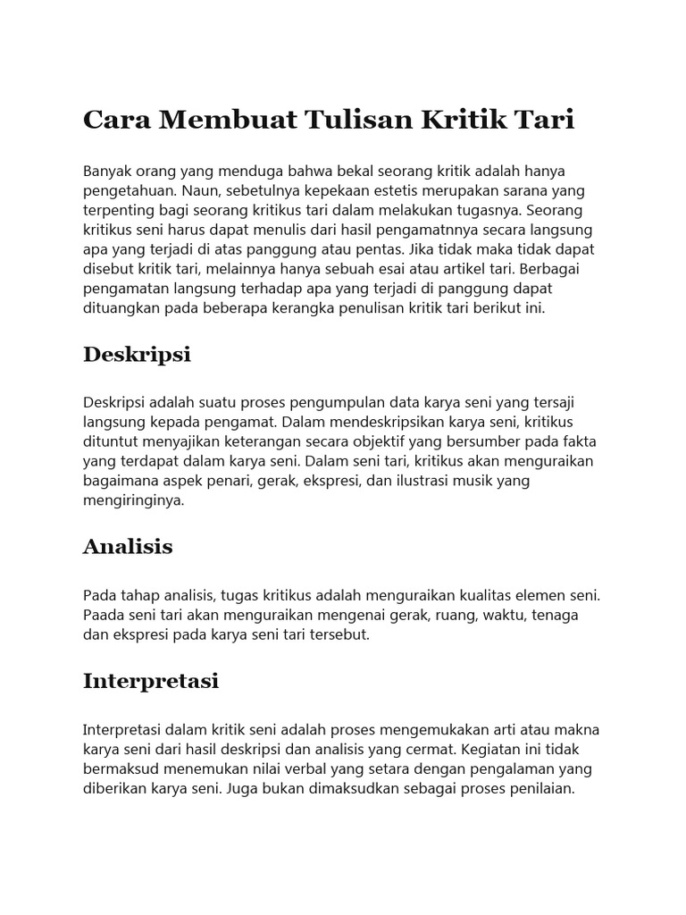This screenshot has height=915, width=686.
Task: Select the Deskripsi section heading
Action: coord(137,355)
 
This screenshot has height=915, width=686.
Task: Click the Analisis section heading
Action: coord(128,546)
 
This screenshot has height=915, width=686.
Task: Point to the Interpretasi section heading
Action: coord(150,681)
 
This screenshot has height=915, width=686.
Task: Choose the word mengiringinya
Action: coord(133,500)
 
